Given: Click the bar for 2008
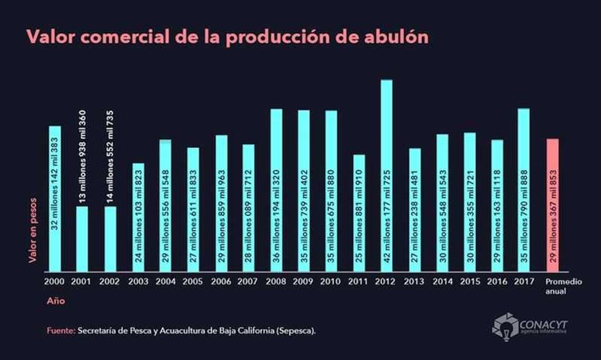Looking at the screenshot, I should [276, 190].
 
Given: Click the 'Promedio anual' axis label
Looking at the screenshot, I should [557, 286].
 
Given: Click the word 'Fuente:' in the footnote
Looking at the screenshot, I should [61, 331].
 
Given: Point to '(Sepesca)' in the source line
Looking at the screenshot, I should [297, 331].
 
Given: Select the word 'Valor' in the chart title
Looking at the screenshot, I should [48, 37].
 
